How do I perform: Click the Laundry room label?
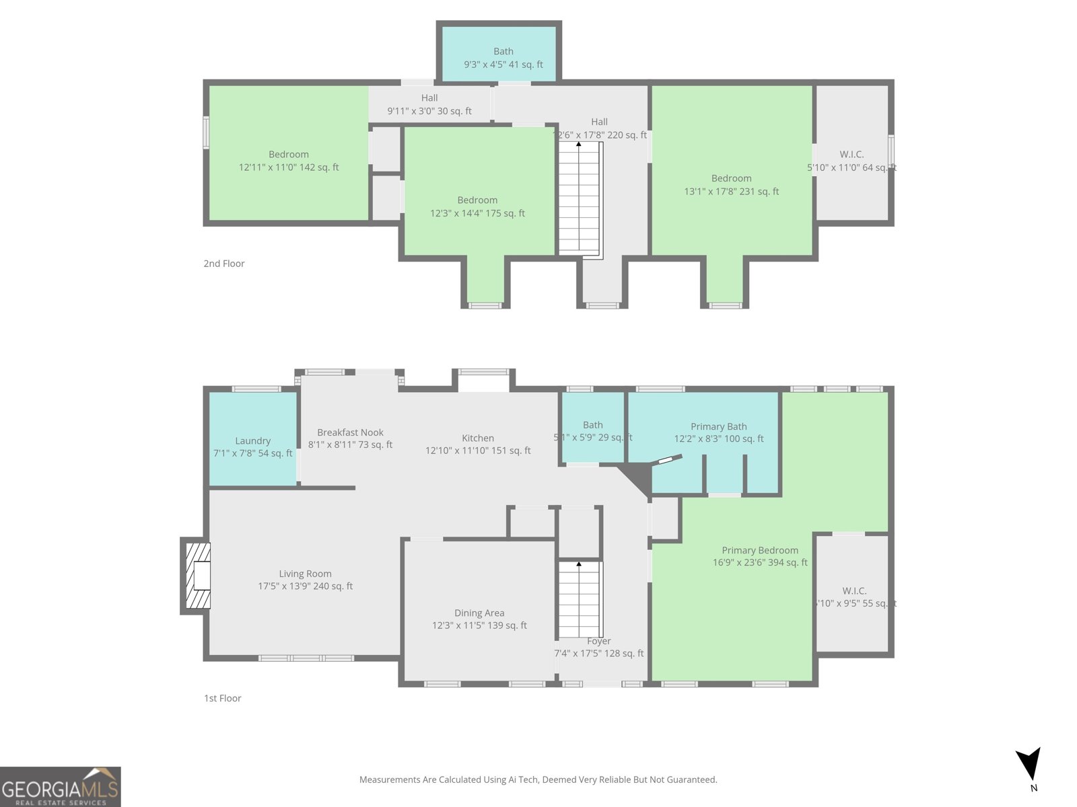(252, 441)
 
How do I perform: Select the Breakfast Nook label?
(350, 432)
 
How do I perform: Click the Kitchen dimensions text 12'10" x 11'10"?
(478, 451)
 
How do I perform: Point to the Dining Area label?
(479, 613)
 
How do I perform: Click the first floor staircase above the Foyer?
(580, 600)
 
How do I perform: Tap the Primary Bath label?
(718, 426)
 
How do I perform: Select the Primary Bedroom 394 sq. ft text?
(760, 562)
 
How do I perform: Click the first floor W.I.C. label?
(854, 590)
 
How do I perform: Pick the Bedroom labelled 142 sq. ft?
(289, 161)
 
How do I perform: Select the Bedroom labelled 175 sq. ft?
(477, 206)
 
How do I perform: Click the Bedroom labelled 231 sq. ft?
(731, 185)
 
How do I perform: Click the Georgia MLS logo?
(61, 787)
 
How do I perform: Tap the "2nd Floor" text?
(224, 264)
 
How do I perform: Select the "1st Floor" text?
(223, 698)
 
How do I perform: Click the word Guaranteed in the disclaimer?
(693, 779)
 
